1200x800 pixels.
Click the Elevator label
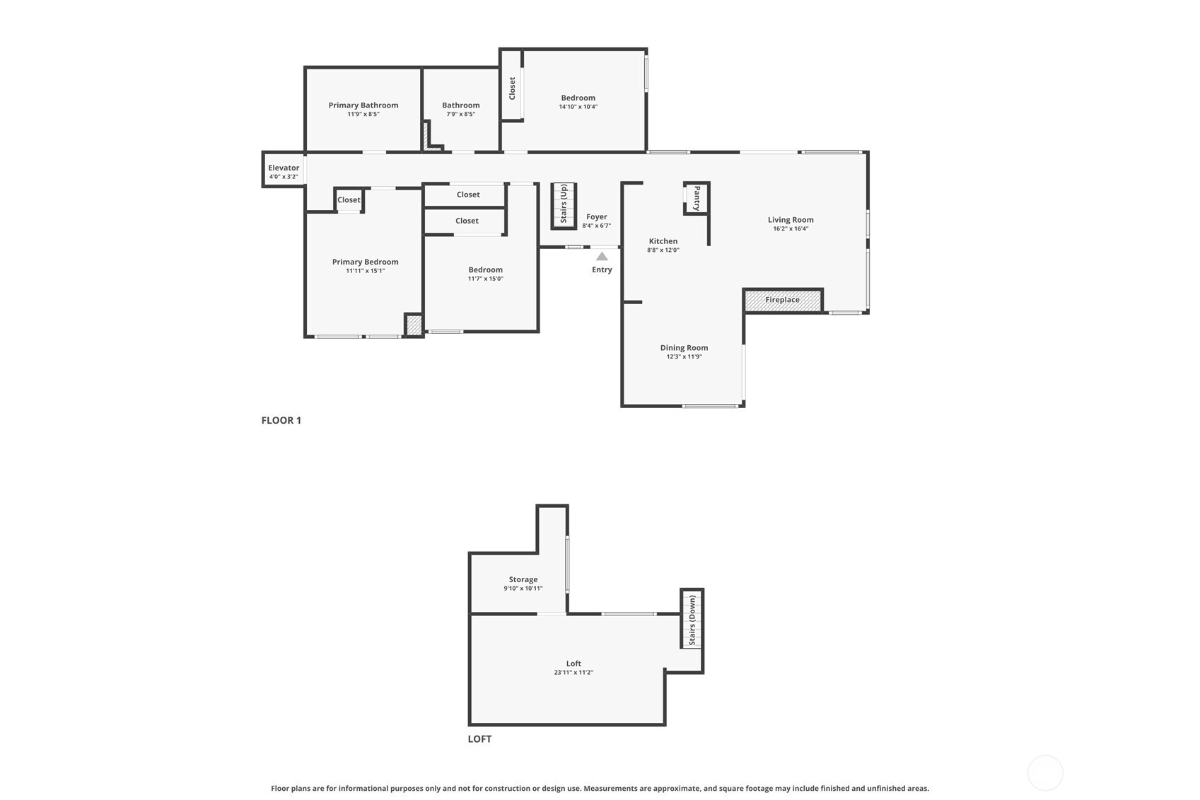(x=284, y=168)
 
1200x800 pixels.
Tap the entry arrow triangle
(x=602, y=257)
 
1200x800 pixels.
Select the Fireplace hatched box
(x=783, y=300)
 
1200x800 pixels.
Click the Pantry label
(x=697, y=198)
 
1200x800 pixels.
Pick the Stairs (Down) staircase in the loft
(x=692, y=620)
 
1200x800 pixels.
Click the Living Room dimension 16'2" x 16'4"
(x=791, y=228)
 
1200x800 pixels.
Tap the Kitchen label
(x=663, y=241)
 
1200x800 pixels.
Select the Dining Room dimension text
(x=684, y=357)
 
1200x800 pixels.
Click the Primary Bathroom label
(x=363, y=105)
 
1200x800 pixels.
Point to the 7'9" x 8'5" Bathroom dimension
(x=461, y=114)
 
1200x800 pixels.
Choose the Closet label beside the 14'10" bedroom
(x=512, y=88)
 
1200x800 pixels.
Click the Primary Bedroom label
(x=366, y=262)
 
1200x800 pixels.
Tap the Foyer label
(x=597, y=217)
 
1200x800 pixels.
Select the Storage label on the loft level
(x=523, y=579)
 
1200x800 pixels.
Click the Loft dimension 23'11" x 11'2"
(x=573, y=673)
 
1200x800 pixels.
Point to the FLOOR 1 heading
(x=281, y=421)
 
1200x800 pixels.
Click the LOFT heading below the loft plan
(x=479, y=739)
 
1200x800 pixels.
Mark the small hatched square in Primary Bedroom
(x=414, y=325)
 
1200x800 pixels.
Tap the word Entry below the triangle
(x=602, y=269)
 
